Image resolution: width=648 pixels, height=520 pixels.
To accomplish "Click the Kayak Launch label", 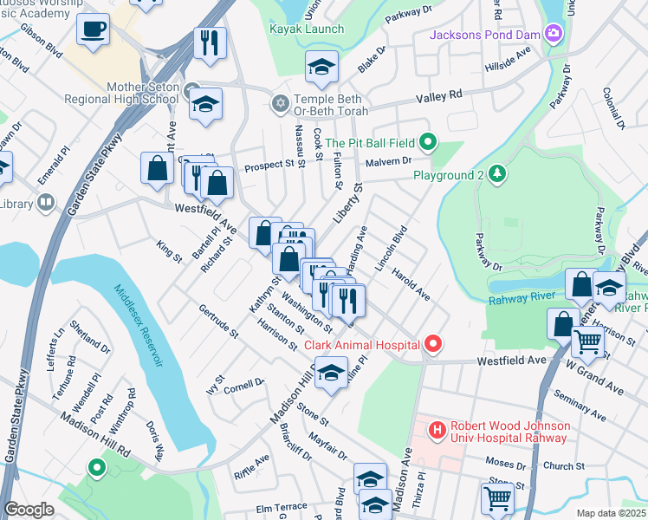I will click(306, 29).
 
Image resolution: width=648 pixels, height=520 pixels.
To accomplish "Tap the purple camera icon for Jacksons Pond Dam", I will click(554, 35).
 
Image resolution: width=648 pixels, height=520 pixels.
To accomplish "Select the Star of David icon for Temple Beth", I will click(279, 103).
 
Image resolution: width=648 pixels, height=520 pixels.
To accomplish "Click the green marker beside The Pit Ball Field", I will click(427, 140).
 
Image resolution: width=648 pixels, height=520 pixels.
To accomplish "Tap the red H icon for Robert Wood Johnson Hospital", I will click(437, 429).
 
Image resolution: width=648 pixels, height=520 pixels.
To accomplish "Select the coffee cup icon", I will click(93, 29).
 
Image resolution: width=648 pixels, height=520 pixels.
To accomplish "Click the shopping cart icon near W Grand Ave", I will click(588, 341).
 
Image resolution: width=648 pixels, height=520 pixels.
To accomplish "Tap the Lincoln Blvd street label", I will click(392, 249).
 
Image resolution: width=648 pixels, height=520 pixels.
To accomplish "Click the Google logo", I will click(29, 510).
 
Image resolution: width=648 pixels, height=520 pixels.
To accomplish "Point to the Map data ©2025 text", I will click(611, 513).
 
